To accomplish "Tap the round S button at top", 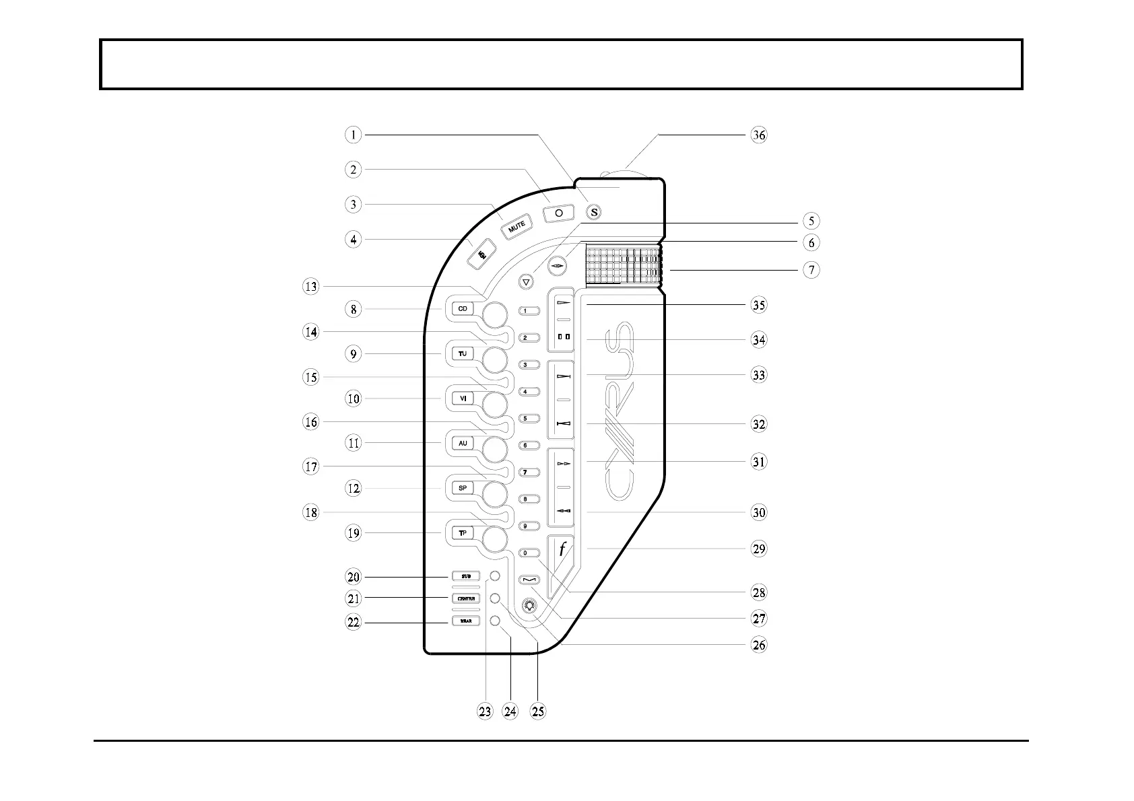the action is [x=593, y=212].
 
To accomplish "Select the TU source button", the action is [x=463, y=354].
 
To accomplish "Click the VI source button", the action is [x=463, y=398].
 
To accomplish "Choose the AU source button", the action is [x=463, y=443].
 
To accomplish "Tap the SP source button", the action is [x=463, y=488].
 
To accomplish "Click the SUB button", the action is [x=465, y=577].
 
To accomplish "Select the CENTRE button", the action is [x=465, y=598].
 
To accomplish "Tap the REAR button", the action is [x=465, y=621].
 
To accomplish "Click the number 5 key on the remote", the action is [x=529, y=419].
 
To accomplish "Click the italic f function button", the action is [x=562, y=550].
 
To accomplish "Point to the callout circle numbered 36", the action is [x=759, y=135].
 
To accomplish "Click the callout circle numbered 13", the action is [x=310, y=287].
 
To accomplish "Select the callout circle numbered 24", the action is [x=510, y=711].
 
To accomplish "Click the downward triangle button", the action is [x=527, y=282].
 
